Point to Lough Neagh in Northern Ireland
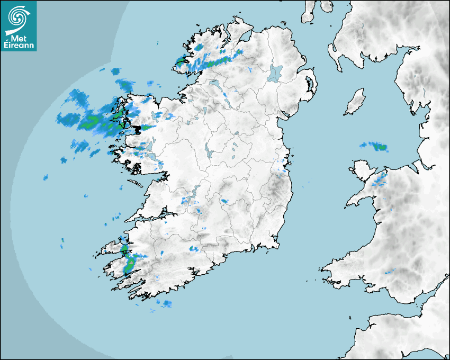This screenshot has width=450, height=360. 275,73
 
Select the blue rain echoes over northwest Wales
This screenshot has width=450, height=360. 380,181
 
